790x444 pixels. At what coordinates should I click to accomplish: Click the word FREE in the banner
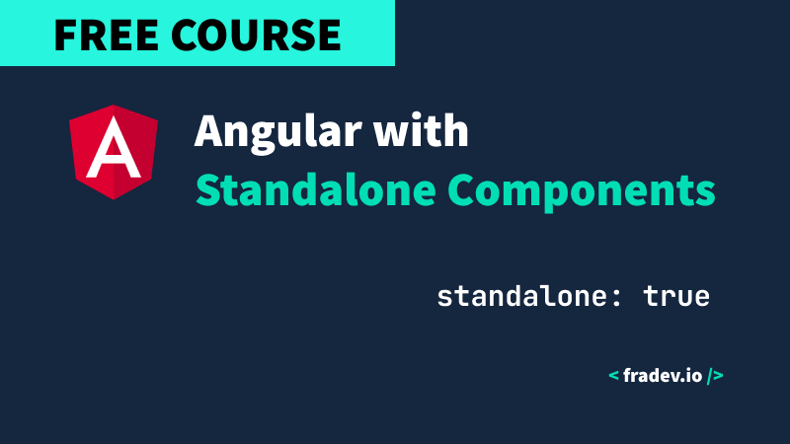(106, 35)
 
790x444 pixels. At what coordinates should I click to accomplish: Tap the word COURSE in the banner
(257, 35)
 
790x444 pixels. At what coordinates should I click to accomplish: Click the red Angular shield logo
(114, 152)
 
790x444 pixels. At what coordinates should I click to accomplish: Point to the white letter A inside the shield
(114, 147)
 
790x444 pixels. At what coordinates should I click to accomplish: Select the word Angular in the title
(278, 132)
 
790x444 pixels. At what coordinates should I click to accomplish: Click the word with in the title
(422, 130)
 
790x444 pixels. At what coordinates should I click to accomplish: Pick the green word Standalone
(316, 189)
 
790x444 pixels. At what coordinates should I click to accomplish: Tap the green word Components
(582, 191)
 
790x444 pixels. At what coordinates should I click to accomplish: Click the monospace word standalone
(523, 296)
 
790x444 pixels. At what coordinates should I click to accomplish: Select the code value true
(676, 296)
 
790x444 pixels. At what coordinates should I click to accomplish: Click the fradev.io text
(663, 376)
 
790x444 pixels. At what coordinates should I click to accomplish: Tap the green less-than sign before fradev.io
(613, 375)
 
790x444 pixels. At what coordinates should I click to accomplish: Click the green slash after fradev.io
(709, 376)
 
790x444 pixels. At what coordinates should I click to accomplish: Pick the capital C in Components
(461, 189)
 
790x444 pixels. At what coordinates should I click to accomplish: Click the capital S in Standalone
(207, 189)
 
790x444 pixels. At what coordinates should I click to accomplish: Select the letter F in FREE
(64, 35)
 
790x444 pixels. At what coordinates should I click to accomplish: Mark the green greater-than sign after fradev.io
(718, 376)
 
